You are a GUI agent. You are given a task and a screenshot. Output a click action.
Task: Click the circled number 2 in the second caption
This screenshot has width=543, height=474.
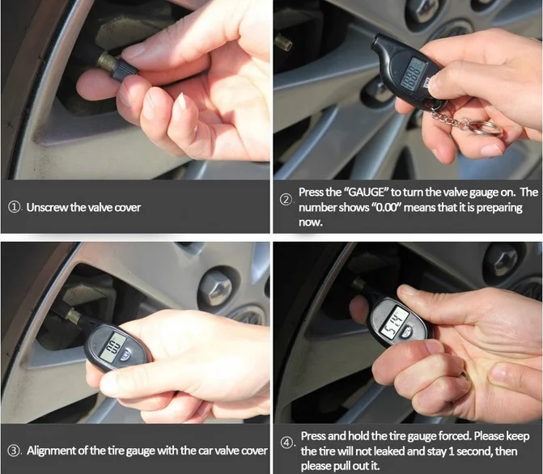286,200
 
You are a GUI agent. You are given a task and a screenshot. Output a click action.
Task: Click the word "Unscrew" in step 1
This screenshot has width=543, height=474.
48,207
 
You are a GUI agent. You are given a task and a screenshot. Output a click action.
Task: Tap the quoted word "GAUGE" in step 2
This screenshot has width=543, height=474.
369,192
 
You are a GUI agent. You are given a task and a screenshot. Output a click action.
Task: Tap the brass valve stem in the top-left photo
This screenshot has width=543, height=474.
104,61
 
